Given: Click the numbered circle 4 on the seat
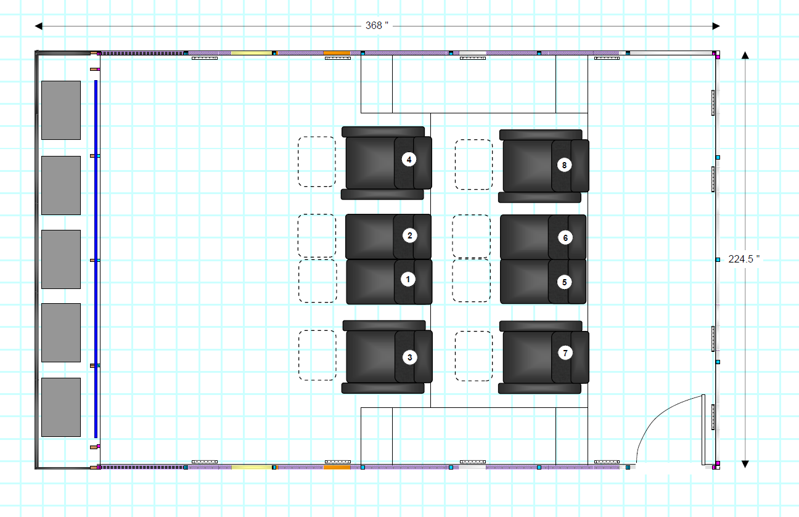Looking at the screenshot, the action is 409,160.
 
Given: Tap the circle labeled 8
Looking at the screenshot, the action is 564,165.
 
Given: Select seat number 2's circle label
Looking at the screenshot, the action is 409,235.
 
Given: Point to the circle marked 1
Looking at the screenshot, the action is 408,279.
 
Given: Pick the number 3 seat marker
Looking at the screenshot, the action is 409,357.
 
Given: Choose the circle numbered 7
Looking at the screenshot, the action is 565,353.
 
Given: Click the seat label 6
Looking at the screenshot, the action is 565,237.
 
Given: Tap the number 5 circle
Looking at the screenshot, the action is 564,282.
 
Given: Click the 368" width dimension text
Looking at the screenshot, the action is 377,26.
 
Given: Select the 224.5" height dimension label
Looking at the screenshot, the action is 744,259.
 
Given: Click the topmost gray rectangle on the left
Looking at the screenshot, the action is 61,110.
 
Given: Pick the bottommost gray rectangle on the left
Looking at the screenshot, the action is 61,407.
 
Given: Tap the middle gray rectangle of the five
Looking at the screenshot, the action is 61,259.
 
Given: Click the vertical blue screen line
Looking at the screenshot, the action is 96,259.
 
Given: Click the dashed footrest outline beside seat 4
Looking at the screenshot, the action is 317,161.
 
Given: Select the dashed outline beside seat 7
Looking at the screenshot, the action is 473,356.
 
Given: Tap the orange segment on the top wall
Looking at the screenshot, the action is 337,53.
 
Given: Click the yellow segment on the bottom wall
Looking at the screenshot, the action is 252,467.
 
